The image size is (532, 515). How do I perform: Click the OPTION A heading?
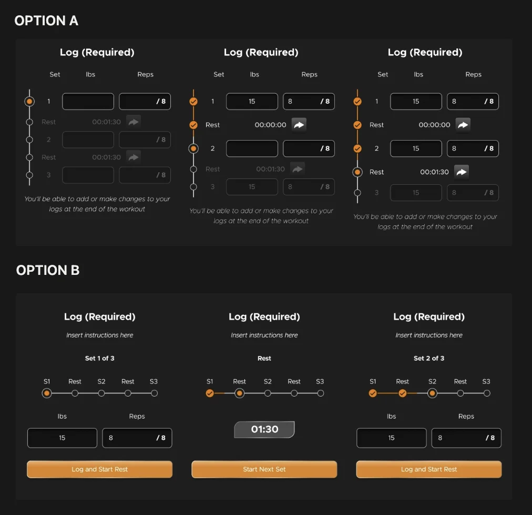pyautogui.click(x=46, y=21)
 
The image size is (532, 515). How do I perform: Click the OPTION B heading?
pyautogui.click(x=48, y=270)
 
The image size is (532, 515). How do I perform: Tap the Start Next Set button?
pyautogui.click(x=264, y=469)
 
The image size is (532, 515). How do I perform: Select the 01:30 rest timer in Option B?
pyautogui.click(x=264, y=429)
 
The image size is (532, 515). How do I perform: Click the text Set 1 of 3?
pyautogui.click(x=100, y=358)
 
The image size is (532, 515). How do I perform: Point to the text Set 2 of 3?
pyautogui.click(x=429, y=358)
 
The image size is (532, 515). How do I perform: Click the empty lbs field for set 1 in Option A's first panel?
pyautogui.click(x=88, y=101)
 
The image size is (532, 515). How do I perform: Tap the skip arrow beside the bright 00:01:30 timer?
pyautogui.click(x=462, y=172)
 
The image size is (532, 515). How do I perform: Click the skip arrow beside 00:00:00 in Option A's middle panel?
pyautogui.click(x=299, y=125)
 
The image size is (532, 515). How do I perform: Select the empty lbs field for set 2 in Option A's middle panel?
pyautogui.click(x=252, y=148)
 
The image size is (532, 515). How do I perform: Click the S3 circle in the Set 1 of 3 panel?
pyautogui.click(x=155, y=393)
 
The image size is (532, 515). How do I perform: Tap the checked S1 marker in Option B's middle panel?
pyautogui.click(x=210, y=393)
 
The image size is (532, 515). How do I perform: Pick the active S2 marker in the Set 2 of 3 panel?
pyautogui.click(x=432, y=393)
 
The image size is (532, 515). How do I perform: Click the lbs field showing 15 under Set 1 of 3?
pyautogui.click(x=62, y=438)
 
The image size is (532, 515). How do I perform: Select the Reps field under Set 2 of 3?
pyautogui.click(x=466, y=438)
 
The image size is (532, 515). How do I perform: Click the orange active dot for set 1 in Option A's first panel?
pyautogui.click(x=29, y=101)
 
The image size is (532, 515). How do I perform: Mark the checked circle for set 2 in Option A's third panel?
pyautogui.click(x=357, y=148)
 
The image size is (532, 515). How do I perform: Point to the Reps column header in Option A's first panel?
pyautogui.click(x=145, y=74)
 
